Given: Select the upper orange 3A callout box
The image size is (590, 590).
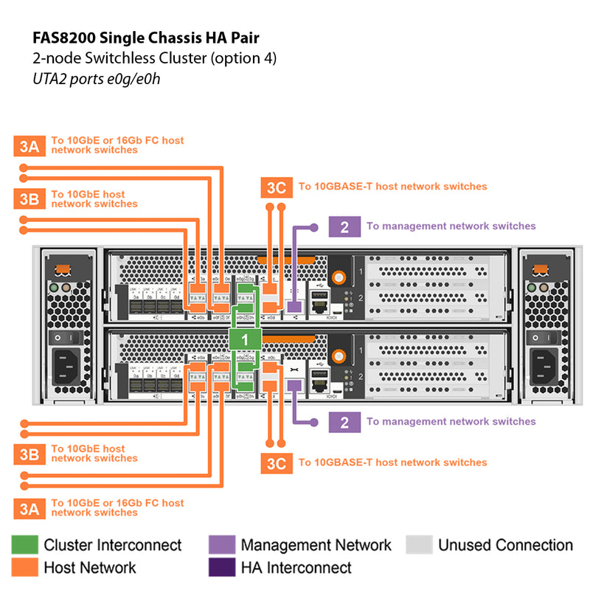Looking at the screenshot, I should tap(29, 145).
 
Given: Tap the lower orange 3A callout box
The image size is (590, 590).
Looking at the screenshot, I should tap(29, 508).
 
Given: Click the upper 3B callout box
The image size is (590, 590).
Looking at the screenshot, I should tap(29, 199).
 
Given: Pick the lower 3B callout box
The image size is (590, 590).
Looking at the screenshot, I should tap(29, 454).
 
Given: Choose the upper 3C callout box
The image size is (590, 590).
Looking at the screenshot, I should tap(276, 187).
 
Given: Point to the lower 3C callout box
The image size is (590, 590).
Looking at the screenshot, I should tap(276, 463).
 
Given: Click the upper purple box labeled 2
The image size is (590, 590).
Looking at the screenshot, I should tap(344, 226).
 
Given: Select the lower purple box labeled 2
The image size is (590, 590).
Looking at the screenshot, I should tap(344, 422).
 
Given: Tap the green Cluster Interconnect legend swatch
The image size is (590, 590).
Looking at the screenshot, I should tap(24, 545).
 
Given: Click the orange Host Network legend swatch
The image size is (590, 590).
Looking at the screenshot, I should tap(24, 567).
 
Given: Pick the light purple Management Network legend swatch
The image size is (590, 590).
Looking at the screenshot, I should tap(221, 545).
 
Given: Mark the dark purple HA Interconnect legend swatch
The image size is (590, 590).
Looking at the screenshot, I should tap(221, 567).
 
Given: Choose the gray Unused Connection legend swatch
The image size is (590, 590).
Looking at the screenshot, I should tap(418, 545).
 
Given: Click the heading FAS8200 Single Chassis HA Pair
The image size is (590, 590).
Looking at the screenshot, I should tap(146, 36).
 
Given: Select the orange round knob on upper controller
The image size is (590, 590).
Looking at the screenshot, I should tap(339, 278).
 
